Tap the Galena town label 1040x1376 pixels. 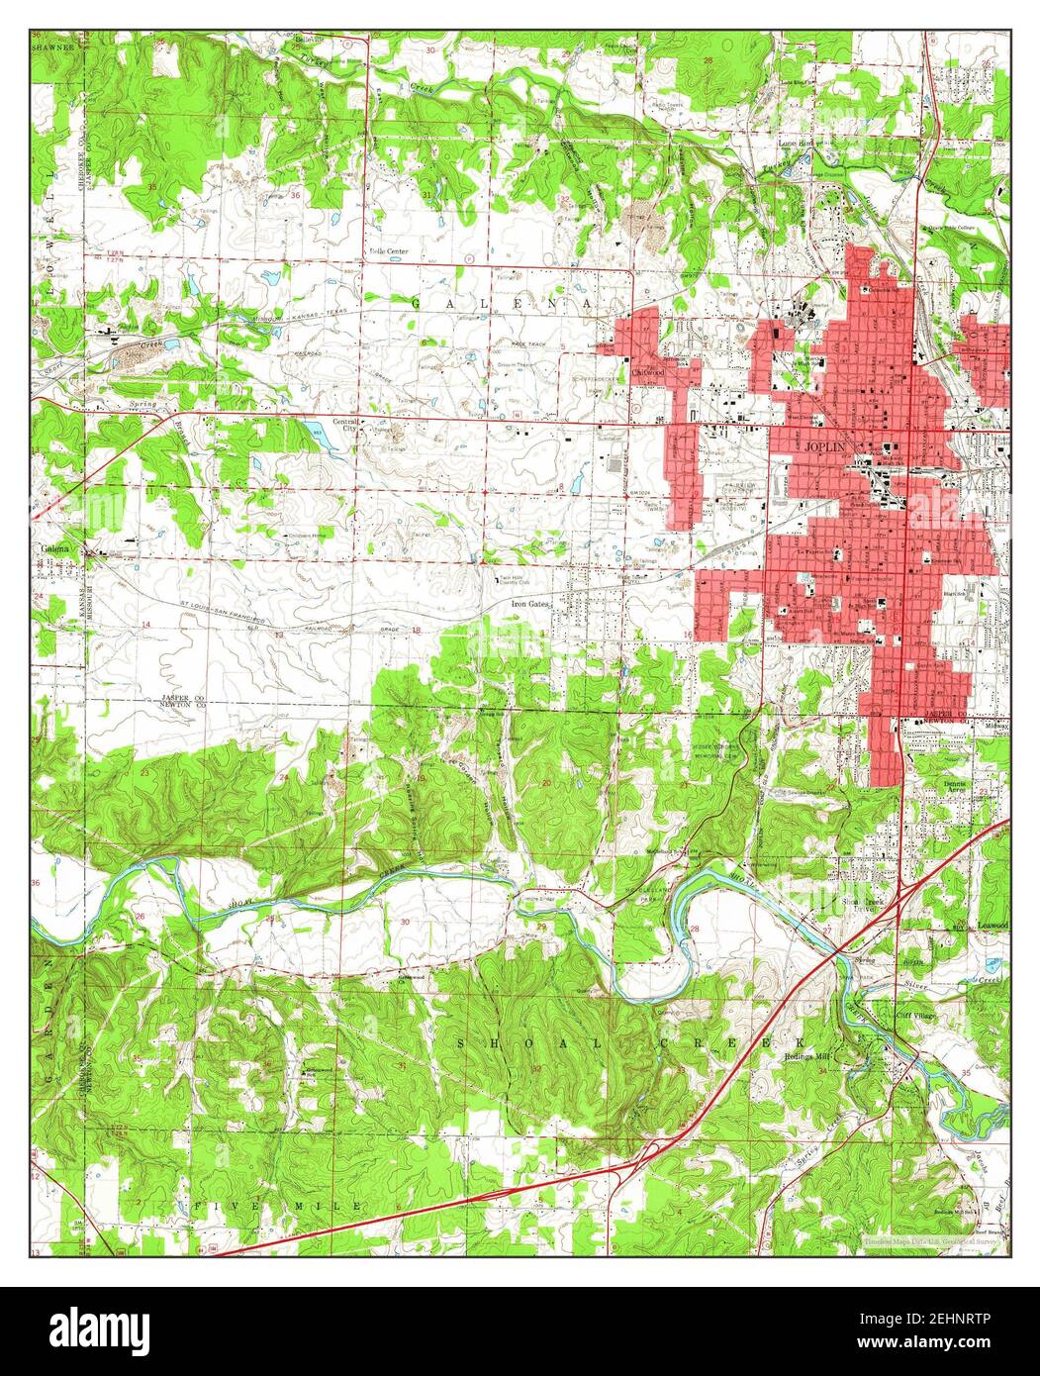point(51,548)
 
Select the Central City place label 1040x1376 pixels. point(347,425)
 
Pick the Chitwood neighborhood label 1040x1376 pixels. point(648,371)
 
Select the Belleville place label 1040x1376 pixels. point(315,41)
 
